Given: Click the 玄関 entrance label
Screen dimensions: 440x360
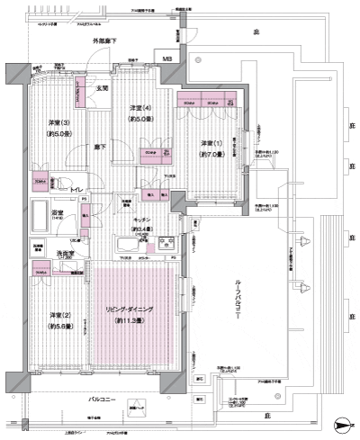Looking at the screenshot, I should tap(103, 89).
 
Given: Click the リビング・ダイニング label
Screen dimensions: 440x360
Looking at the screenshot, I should tap(130, 309).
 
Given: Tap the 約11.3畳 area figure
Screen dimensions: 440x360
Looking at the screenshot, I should tap(131, 320).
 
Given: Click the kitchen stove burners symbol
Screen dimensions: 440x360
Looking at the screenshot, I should tap(166, 243).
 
